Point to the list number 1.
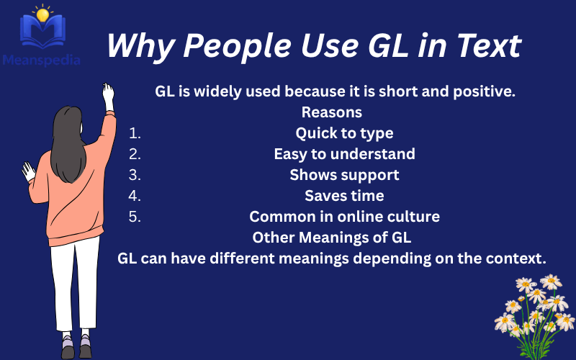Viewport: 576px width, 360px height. pyautogui.click(x=135, y=133)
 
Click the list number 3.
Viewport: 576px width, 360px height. pyautogui.click(x=135, y=175)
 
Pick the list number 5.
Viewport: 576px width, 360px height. pyautogui.click(x=135, y=217)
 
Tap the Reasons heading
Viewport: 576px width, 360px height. pyautogui.click(x=331, y=112)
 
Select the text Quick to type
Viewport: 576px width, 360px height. pyautogui.click(x=344, y=133)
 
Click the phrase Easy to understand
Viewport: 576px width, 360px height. pyautogui.click(x=344, y=154)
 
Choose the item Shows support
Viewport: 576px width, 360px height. pyautogui.click(x=344, y=175)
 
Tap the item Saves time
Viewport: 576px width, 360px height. pyautogui.click(x=344, y=196)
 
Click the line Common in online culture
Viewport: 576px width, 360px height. pyautogui.click(x=344, y=217)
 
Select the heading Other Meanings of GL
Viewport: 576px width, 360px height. pyautogui.click(x=331, y=238)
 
